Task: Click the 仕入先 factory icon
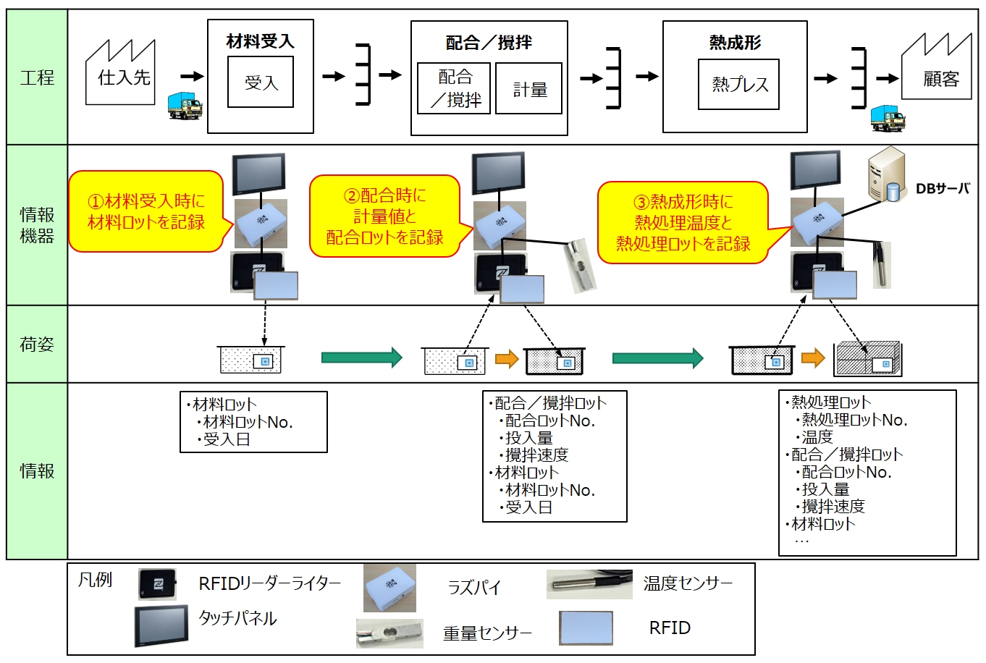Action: pos(121,75)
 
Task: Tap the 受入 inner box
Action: pos(261,83)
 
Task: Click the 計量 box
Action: pos(529,89)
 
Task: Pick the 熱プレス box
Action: pos(738,85)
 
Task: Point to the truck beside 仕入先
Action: pos(184,106)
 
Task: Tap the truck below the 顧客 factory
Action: pos(888,118)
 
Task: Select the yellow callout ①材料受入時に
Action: pos(146,211)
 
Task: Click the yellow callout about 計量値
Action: pos(384,216)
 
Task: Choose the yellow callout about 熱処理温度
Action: pos(683,222)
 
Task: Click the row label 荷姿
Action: pos(37,344)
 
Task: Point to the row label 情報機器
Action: pos(37,225)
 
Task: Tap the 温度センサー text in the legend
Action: pos(688,583)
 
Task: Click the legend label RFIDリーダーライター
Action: pos(269,583)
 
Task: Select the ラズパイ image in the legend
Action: pos(389,588)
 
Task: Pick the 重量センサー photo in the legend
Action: pos(389,632)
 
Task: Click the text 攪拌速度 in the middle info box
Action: pos(536,455)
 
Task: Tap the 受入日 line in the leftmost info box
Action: pos(227,439)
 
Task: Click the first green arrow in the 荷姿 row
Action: pos(361,357)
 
